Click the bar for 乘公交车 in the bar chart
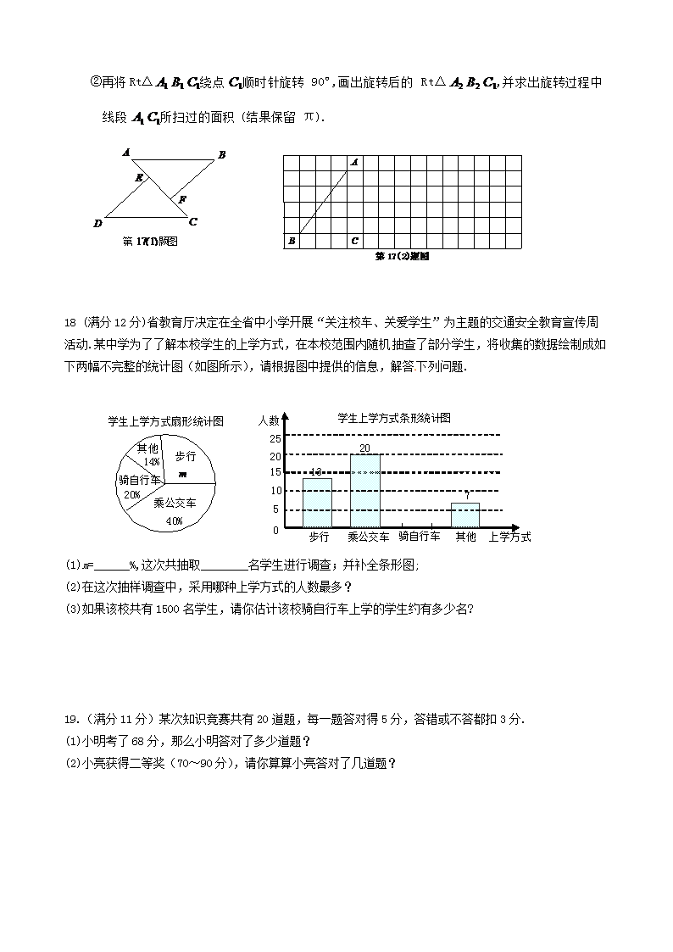[x=365, y=491]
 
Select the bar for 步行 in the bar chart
[x=317, y=503]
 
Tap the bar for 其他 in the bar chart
[x=465, y=515]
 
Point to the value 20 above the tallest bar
[x=364, y=448]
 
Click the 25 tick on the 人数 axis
[x=275, y=438]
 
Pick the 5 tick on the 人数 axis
[x=275, y=509]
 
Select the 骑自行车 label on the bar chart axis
[x=419, y=537]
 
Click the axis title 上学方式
[x=509, y=537]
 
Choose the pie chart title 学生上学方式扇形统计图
[x=165, y=420]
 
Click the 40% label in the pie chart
[x=175, y=521]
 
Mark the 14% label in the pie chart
[x=152, y=462]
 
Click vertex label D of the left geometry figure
[x=97, y=223]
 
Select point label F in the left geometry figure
[x=182, y=199]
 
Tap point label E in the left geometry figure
[x=140, y=177]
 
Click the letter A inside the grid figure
[x=354, y=162]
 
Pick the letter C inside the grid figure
[x=354, y=242]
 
